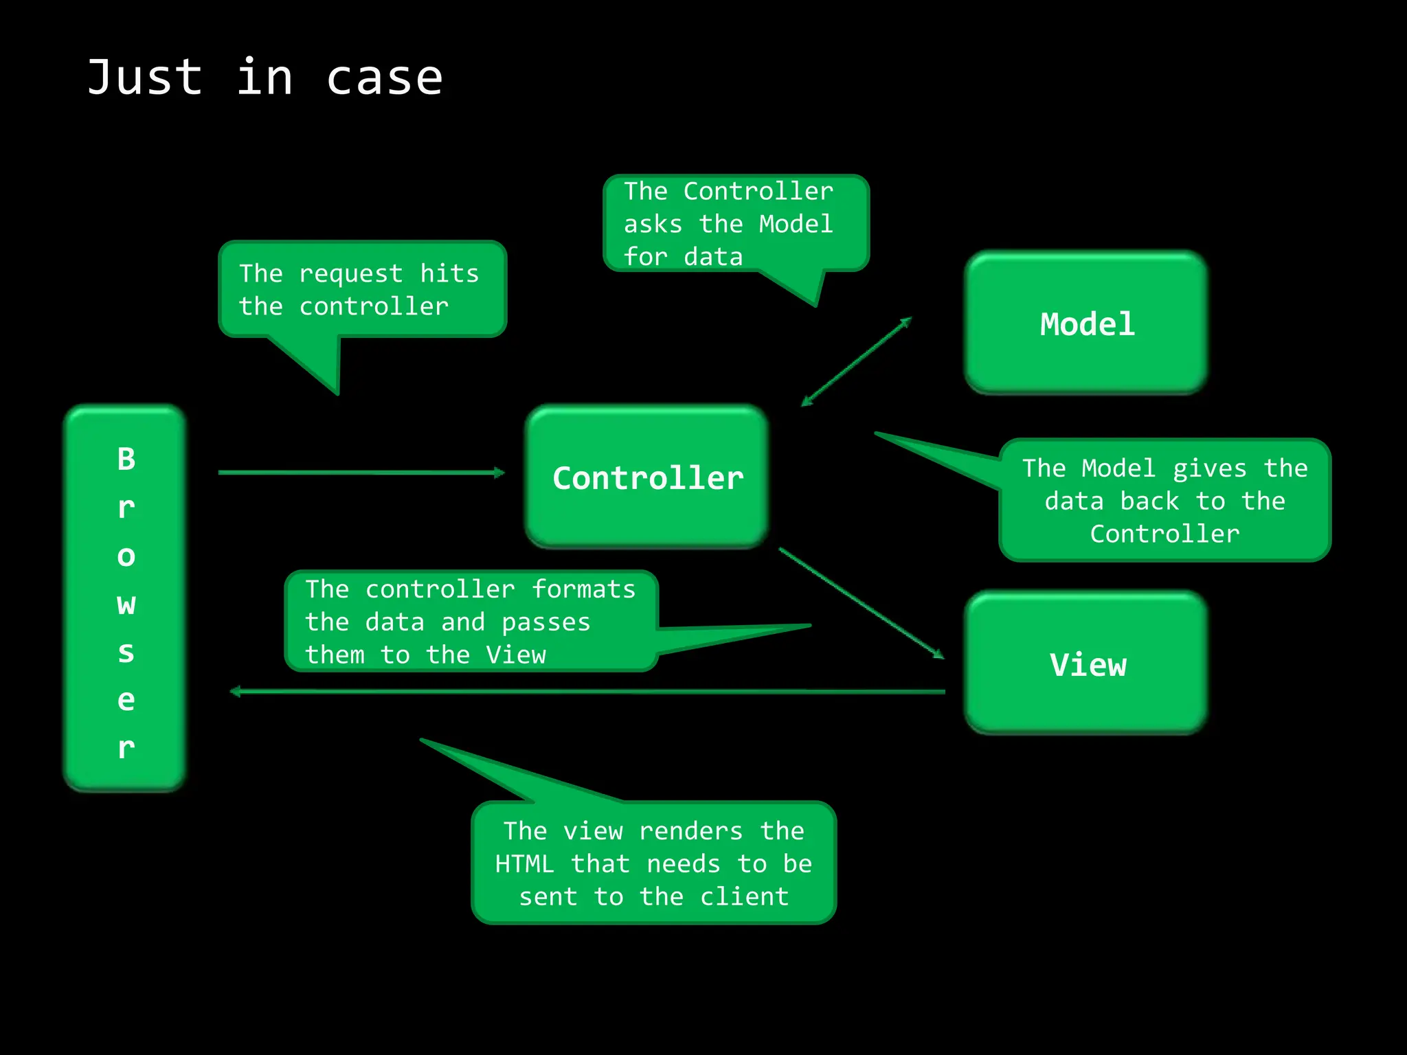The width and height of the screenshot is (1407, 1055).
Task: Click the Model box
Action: (x=1086, y=323)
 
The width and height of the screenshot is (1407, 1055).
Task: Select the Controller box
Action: (x=647, y=477)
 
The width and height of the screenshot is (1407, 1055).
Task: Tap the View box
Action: (x=1086, y=663)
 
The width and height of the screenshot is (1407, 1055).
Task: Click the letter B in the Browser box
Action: (x=126, y=459)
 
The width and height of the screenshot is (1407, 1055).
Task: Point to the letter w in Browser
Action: (x=126, y=604)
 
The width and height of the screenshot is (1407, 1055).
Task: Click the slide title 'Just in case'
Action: (x=264, y=78)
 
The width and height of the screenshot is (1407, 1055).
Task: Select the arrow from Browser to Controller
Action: (x=361, y=473)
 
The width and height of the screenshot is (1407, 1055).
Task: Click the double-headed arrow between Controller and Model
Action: (x=857, y=361)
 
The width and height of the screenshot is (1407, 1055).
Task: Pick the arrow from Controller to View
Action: (x=862, y=603)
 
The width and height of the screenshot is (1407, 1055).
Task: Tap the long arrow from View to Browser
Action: (x=587, y=692)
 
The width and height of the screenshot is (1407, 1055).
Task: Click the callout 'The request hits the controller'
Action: (x=362, y=290)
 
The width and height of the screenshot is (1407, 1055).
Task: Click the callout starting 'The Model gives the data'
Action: (x=1164, y=501)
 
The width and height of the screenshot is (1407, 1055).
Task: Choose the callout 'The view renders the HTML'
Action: (x=653, y=863)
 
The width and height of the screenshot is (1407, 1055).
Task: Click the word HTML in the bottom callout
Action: (x=524, y=864)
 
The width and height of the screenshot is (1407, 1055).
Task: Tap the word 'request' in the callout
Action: (x=350, y=274)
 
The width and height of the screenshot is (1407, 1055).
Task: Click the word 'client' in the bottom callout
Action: (x=745, y=897)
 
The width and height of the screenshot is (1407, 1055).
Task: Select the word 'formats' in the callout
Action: (x=584, y=589)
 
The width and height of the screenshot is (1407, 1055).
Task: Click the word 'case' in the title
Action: (x=384, y=78)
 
